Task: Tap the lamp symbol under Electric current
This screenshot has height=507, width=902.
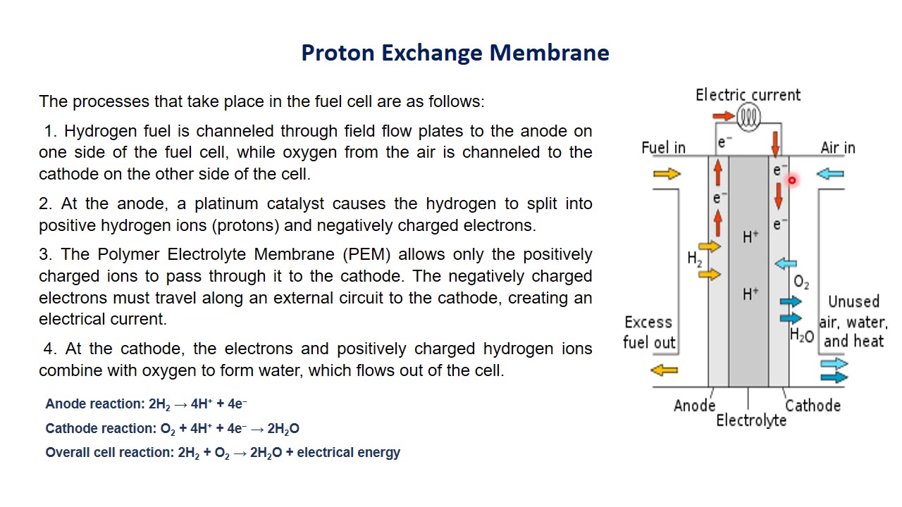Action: pyautogui.click(x=748, y=116)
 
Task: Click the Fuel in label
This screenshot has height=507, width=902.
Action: pyautogui.click(x=663, y=148)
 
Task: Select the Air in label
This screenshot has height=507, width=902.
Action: pyautogui.click(x=838, y=148)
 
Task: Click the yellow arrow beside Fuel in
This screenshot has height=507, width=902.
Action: pyautogui.click(x=667, y=174)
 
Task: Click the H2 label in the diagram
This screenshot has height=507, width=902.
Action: pyautogui.click(x=695, y=259)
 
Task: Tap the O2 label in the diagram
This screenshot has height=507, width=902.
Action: pyautogui.click(x=801, y=283)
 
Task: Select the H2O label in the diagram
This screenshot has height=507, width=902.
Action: pyautogui.click(x=802, y=336)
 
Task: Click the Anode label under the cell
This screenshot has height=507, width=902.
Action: pyautogui.click(x=694, y=406)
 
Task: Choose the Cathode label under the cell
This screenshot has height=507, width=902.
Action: pyautogui.click(x=813, y=406)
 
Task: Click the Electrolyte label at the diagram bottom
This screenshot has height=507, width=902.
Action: pyautogui.click(x=751, y=420)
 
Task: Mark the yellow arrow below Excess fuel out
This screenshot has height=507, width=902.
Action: pyautogui.click(x=664, y=370)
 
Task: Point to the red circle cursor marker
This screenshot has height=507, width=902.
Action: pyautogui.click(x=792, y=181)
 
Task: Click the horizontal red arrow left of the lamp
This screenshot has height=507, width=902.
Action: pyautogui.click(x=724, y=116)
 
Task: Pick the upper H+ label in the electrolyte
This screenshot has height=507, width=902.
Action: pyautogui.click(x=750, y=237)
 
